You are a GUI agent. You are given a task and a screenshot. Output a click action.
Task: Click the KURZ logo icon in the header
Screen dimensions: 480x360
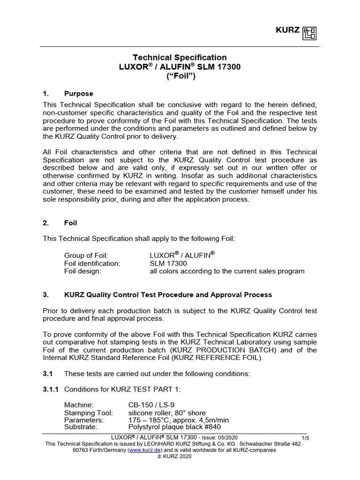(310, 33)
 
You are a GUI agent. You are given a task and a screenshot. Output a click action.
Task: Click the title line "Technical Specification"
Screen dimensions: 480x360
(180, 58)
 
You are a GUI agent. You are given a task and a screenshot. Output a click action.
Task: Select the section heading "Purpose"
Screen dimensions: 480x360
(79, 94)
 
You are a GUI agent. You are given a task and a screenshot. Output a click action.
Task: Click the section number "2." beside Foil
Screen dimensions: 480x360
(46, 223)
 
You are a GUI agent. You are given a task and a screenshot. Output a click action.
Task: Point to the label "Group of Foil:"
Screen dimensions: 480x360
(86, 255)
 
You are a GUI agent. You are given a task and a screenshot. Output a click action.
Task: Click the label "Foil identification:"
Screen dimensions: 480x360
(92, 263)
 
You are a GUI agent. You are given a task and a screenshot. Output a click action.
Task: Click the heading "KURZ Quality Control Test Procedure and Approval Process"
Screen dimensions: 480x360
(168, 295)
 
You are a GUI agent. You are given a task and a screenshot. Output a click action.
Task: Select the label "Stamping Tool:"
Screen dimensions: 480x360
(89, 413)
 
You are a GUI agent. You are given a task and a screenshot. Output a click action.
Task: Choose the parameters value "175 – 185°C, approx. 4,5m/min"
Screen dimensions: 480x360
(179, 420)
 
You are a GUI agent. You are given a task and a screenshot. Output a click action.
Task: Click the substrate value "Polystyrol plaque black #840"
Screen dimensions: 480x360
(175, 427)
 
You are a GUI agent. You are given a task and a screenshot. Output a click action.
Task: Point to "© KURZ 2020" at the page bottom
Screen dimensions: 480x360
(180, 456)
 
